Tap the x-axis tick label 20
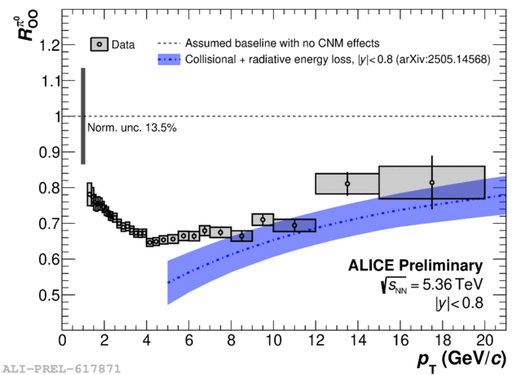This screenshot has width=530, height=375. pyautogui.click(x=484, y=340)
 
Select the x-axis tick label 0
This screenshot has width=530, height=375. pyautogui.click(x=62, y=340)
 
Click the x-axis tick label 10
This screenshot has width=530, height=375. pyautogui.click(x=273, y=340)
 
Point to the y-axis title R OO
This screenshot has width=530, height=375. pyautogui.click(x=26, y=25)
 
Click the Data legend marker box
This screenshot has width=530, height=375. pyautogui.click(x=99, y=44)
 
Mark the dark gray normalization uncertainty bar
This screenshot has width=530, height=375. pyautogui.click(x=82, y=115)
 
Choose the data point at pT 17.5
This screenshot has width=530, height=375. pyautogui.click(x=432, y=182)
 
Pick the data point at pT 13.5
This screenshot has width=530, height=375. pyautogui.click(x=347, y=184)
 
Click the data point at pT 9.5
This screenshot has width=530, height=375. pyautogui.click(x=263, y=219)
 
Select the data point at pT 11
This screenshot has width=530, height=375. pyautogui.click(x=294, y=225)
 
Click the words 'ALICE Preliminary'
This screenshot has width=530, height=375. pyautogui.click(x=416, y=266)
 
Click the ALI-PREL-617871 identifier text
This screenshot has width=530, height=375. pyautogui.click(x=61, y=368)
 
